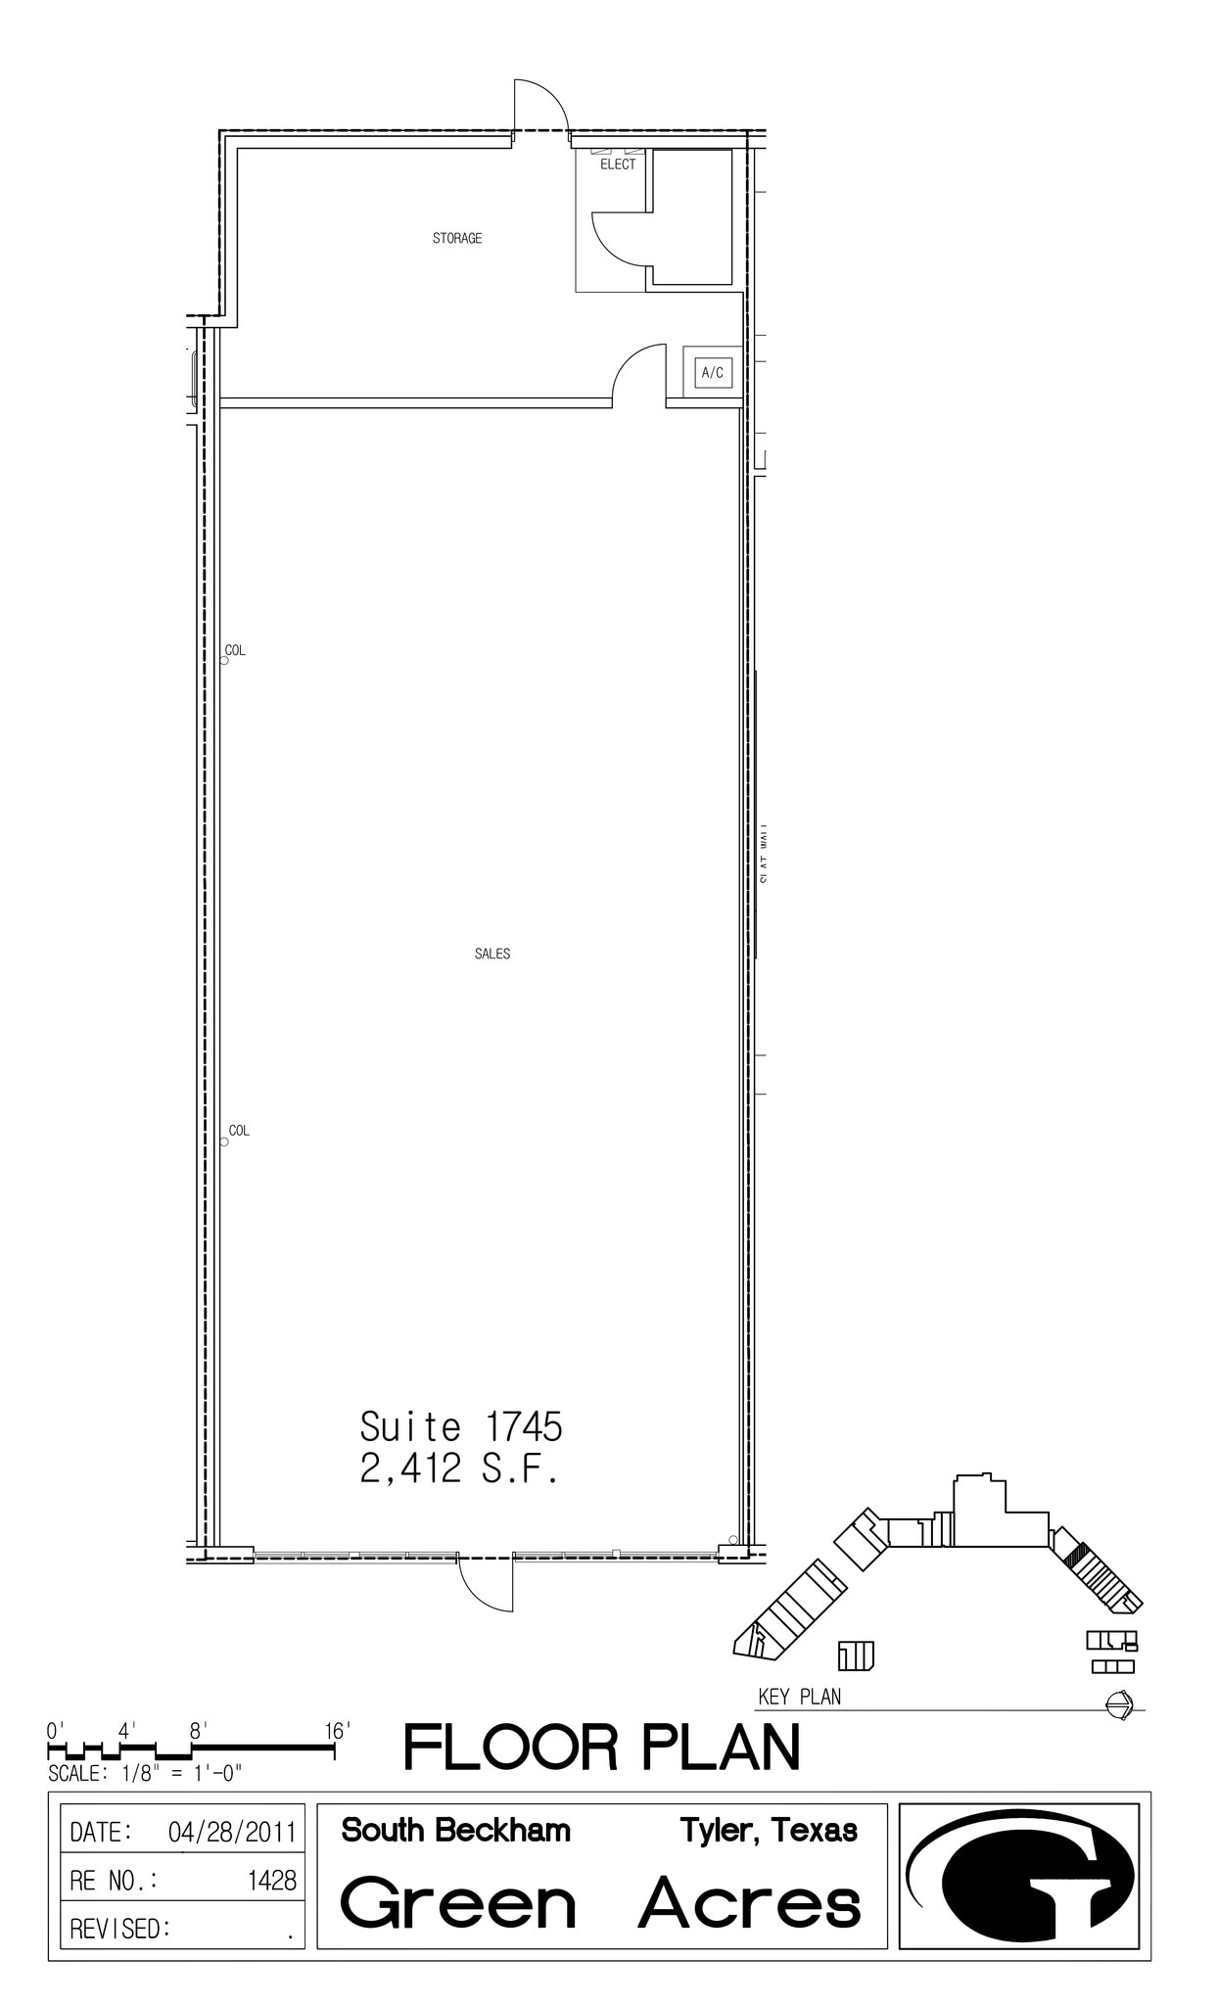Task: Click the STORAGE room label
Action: pyautogui.click(x=457, y=238)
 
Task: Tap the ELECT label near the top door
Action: pyautogui.click(x=618, y=164)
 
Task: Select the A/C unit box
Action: pyautogui.click(x=713, y=373)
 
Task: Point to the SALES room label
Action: pyautogui.click(x=492, y=954)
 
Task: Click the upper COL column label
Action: pyautogui.click(x=235, y=650)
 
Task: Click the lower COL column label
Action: pyautogui.click(x=239, y=1131)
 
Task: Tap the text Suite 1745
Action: pyautogui.click(x=461, y=1427)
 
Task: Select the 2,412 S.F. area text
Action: pyautogui.click(x=459, y=1469)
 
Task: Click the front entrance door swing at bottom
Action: pyautogui.click(x=487, y=1583)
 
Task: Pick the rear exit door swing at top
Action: pyautogui.click(x=539, y=105)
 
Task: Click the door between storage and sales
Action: pyautogui.click(x=638, y=374)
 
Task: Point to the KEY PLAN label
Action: pyautogui.click(x=799, y=1697)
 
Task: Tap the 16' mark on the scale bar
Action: pyautogui.click(x=337, y=1732)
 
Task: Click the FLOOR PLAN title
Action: pyautogui.click(x=601, y=1748)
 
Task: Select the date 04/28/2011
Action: pyautogui.click(x=232, y=1832)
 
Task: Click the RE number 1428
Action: pyautogui.click(x=272, y=1880)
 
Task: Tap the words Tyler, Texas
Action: pyautogui.click(x=769, y=1830)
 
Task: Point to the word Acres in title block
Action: pyautogui.click(x=750, y=1904)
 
